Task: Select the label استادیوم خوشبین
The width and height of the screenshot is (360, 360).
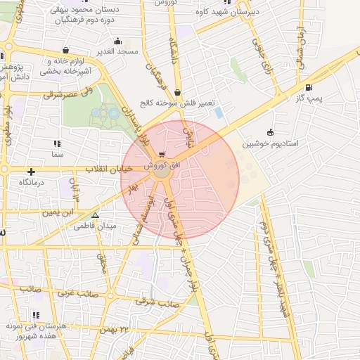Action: (271, 143)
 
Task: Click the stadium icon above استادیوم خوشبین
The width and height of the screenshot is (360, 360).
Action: (271, 132)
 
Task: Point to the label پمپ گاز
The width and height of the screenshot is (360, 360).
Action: (310, 98)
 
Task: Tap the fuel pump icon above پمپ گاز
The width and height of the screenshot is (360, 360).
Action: (310, 87)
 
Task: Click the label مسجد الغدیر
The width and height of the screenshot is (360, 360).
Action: (117, 52)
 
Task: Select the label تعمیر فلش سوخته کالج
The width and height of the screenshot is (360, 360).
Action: (176, 103)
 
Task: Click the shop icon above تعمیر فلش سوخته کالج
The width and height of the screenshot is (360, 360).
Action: (177, 92)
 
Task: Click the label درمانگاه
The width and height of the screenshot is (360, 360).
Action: (32, 182)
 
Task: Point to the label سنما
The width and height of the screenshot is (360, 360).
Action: (57, 153)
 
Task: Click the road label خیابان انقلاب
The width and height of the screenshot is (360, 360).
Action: (109, 169)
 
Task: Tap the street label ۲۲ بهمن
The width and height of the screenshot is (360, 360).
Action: (116, 329)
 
